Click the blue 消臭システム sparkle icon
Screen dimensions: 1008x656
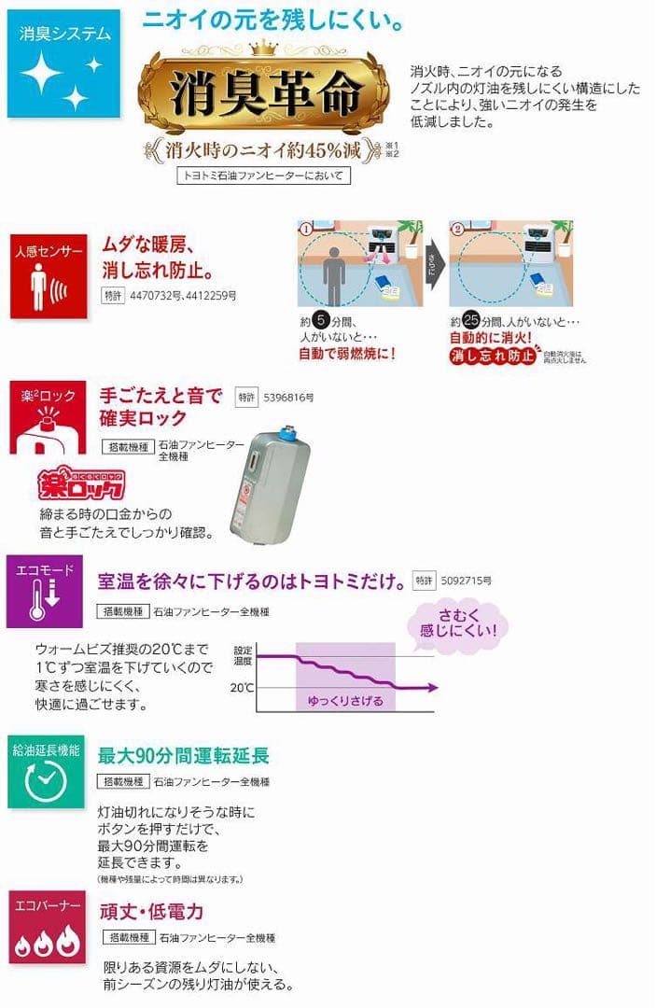64,63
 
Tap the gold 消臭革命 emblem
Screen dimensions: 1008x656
263,93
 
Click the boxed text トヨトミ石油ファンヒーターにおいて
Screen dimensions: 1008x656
263,175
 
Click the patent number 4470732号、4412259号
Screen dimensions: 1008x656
182,296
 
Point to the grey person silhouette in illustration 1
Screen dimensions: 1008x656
333,273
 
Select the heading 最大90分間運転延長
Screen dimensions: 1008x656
184,755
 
